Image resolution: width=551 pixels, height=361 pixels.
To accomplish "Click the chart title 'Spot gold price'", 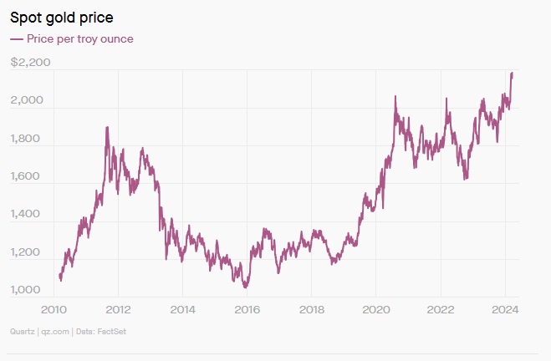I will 61,17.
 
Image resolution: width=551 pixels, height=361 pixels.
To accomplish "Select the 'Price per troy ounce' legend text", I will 79,38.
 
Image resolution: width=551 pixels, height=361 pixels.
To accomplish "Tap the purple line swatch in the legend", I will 16,39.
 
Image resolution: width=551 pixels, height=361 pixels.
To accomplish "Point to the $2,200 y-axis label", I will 31,62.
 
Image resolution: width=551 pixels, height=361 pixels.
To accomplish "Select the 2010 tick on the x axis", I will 54,308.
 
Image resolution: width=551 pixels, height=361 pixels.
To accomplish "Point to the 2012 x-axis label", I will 118,308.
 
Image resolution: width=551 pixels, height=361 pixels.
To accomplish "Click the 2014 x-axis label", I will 182,308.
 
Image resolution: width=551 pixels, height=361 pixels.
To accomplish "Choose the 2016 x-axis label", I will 247,308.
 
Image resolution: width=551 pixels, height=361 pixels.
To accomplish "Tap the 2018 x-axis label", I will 311,308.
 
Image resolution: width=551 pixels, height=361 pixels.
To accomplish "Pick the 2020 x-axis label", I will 375,308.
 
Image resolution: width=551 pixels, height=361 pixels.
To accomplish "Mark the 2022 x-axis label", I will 440,308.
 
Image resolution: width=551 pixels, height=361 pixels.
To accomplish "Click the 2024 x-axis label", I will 504,308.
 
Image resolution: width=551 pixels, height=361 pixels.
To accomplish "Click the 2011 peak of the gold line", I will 107,128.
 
